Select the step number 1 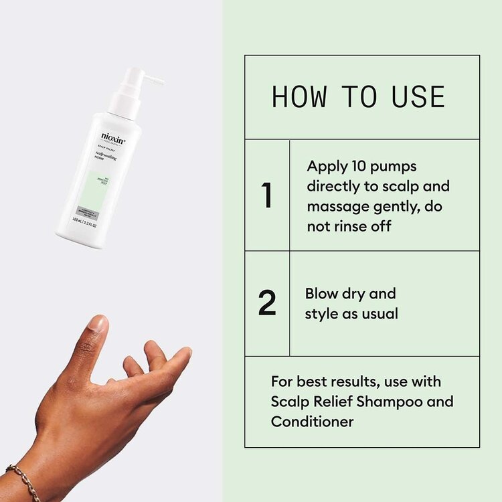(x=267, y=195)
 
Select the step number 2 (x=267, y=303)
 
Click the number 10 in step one (x=355, y=166)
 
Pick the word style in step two (x=323, y=313)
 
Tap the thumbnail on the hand (x=98, y=325)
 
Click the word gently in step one (x=400, y=206)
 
